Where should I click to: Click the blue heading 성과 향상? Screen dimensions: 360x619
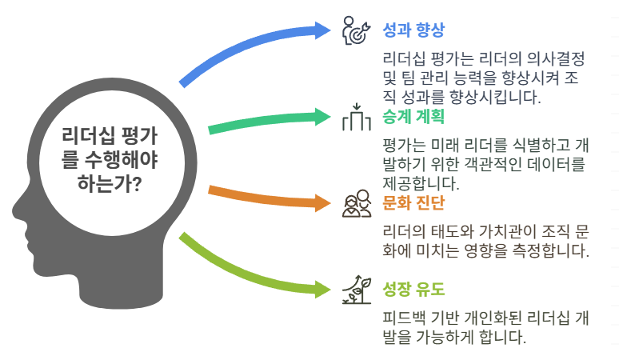coord(413,30)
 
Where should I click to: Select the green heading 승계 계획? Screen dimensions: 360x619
coord(414,116)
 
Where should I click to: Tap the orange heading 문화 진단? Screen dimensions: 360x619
coord(414,202)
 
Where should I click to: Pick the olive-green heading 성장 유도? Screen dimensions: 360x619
coord(414,287)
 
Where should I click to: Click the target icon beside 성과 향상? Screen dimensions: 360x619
coord(356,30)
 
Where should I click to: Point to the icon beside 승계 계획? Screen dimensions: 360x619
coord(356,118)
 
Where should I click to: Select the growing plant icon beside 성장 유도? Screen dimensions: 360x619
coord(356,287)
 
